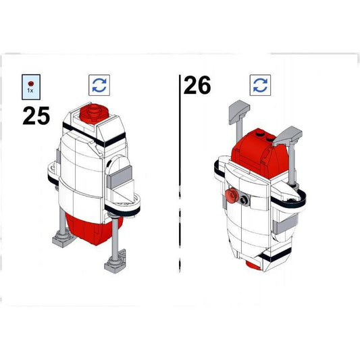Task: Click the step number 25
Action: pos(36,115)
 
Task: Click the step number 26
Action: pos(197,85)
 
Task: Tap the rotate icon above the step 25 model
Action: pos(99,85)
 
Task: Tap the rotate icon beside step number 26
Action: pos(260,85)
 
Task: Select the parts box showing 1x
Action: pos(31,87)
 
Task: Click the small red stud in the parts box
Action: pos(31,84)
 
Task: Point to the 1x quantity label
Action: pos(30,91)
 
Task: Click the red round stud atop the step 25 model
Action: pos(95,113)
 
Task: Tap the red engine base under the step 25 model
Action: pos(92,230)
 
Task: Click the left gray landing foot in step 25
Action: pos(62,240)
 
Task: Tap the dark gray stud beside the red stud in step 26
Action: pos(245,200)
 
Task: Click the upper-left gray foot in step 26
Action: pos(239,111)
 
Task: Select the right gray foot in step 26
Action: pos(288,136)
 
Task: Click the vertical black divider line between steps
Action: pos(180,174)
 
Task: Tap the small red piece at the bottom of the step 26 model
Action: pos(253,265)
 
